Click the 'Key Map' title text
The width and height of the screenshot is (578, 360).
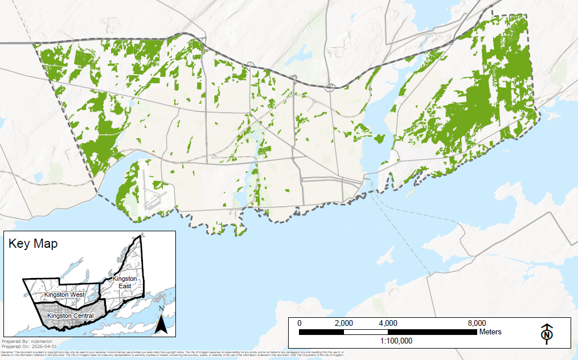(33, 244)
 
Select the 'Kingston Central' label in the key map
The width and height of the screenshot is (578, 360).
(71, 316)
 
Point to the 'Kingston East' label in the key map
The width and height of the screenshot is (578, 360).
(124, 282)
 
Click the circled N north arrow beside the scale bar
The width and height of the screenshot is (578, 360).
(547, 334)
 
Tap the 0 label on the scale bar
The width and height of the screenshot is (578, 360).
(300, 323)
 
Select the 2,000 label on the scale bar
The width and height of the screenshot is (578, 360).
(343, 323)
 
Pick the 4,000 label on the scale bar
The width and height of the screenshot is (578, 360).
(388, 323)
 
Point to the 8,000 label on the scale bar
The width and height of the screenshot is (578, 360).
(476, 323)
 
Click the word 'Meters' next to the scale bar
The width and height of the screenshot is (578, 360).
(490, 332)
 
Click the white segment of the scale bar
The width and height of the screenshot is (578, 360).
(366, 332)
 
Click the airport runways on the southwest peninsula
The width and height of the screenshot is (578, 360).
(153, 194)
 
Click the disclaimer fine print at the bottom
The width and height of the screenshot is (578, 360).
(171, 354)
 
